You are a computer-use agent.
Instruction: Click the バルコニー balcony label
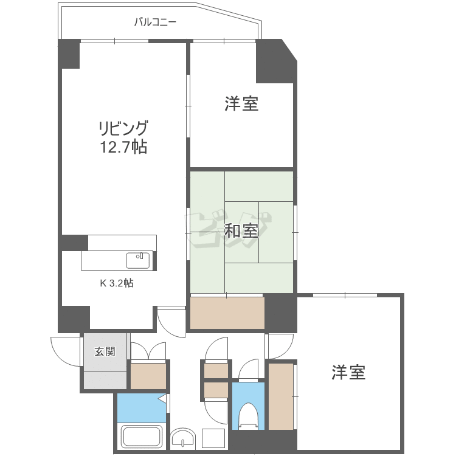pos(155,22)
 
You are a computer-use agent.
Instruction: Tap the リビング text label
pos(123,129)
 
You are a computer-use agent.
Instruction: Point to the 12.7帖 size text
pos(123,147)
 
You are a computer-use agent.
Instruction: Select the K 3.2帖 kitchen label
pos(117,283)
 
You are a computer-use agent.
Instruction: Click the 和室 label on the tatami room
pos(241,231)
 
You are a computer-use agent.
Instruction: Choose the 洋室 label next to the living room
pos(241,104)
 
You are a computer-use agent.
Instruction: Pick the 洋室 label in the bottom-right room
pos(348,373)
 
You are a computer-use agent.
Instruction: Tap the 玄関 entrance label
pos(105,351)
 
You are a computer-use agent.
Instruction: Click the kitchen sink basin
pos(137,260)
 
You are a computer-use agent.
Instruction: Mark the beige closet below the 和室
pos(227,313)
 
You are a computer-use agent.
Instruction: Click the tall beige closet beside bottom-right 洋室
pos(281,396)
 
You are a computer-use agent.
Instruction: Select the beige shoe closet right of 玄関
pos(148,376)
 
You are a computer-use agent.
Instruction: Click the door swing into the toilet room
pos(249,370)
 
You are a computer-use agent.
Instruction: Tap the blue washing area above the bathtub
pos(142,408)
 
